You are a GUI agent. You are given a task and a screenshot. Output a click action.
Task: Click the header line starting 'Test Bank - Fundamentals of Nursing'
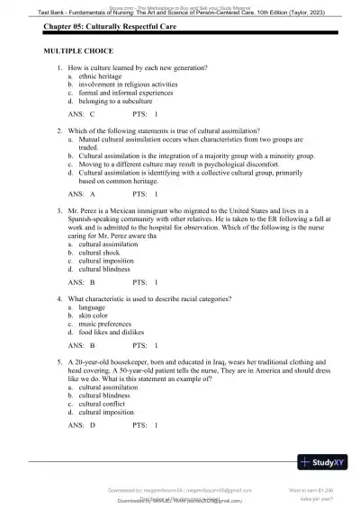click(179, 12)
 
